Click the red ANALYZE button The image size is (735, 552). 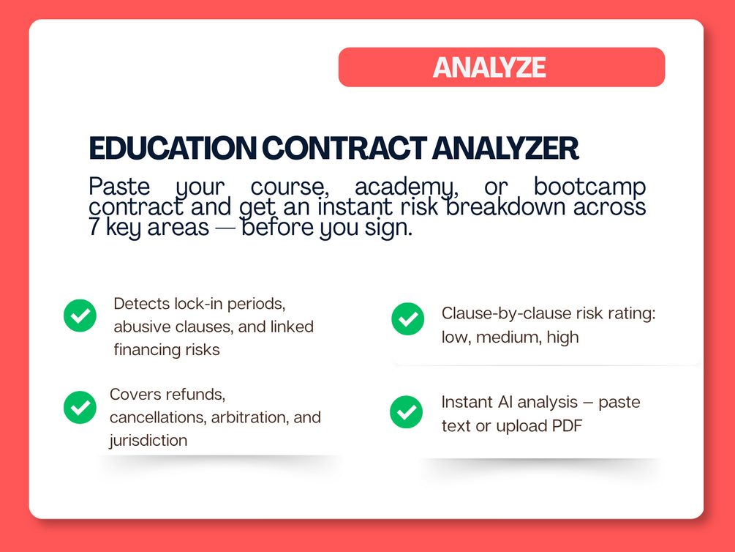point(502,67)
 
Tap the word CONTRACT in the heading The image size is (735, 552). point(344,149)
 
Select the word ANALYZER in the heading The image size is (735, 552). point(505,149)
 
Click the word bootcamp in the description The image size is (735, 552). point(589,187)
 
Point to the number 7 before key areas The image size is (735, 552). point(94,227)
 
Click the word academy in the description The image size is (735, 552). point(407,187)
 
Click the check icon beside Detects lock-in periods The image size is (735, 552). point(80,316)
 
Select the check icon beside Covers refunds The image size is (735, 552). point(80,408)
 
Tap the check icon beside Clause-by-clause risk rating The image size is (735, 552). point(408,318)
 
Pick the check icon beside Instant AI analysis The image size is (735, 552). point(407,412)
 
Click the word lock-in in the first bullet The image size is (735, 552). point(199,304)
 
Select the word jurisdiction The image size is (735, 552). point(148,440)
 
